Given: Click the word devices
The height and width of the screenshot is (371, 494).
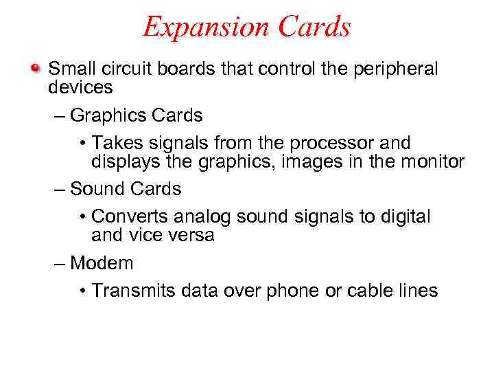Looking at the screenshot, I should tap(80, 87).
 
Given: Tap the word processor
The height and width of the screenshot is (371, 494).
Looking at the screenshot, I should tap(333, 143).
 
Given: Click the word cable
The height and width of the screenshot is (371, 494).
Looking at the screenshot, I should tap(368, 291).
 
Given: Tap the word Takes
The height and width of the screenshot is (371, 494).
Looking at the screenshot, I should tap(114, 143).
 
